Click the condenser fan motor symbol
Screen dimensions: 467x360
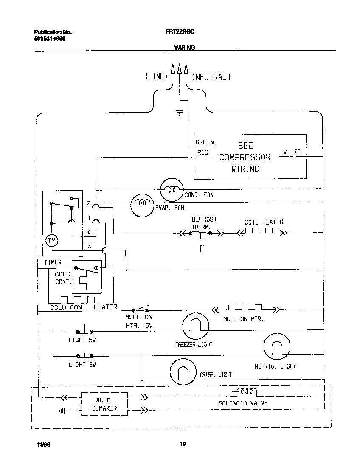[172, 190]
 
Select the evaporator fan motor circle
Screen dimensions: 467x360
[142, 204]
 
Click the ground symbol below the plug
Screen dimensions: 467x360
[180, 113]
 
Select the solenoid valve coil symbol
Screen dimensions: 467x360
[247, 391]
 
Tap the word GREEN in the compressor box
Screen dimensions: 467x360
[205, 142]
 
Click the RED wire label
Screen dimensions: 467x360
[202, 152]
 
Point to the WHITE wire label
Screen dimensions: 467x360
[292, 152]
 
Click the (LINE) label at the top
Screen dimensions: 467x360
[156, 77]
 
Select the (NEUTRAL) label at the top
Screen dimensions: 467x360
[211, 77]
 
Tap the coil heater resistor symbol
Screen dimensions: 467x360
[261, 231]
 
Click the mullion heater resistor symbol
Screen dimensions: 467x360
[245, 308]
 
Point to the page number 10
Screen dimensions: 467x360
[182, 444]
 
